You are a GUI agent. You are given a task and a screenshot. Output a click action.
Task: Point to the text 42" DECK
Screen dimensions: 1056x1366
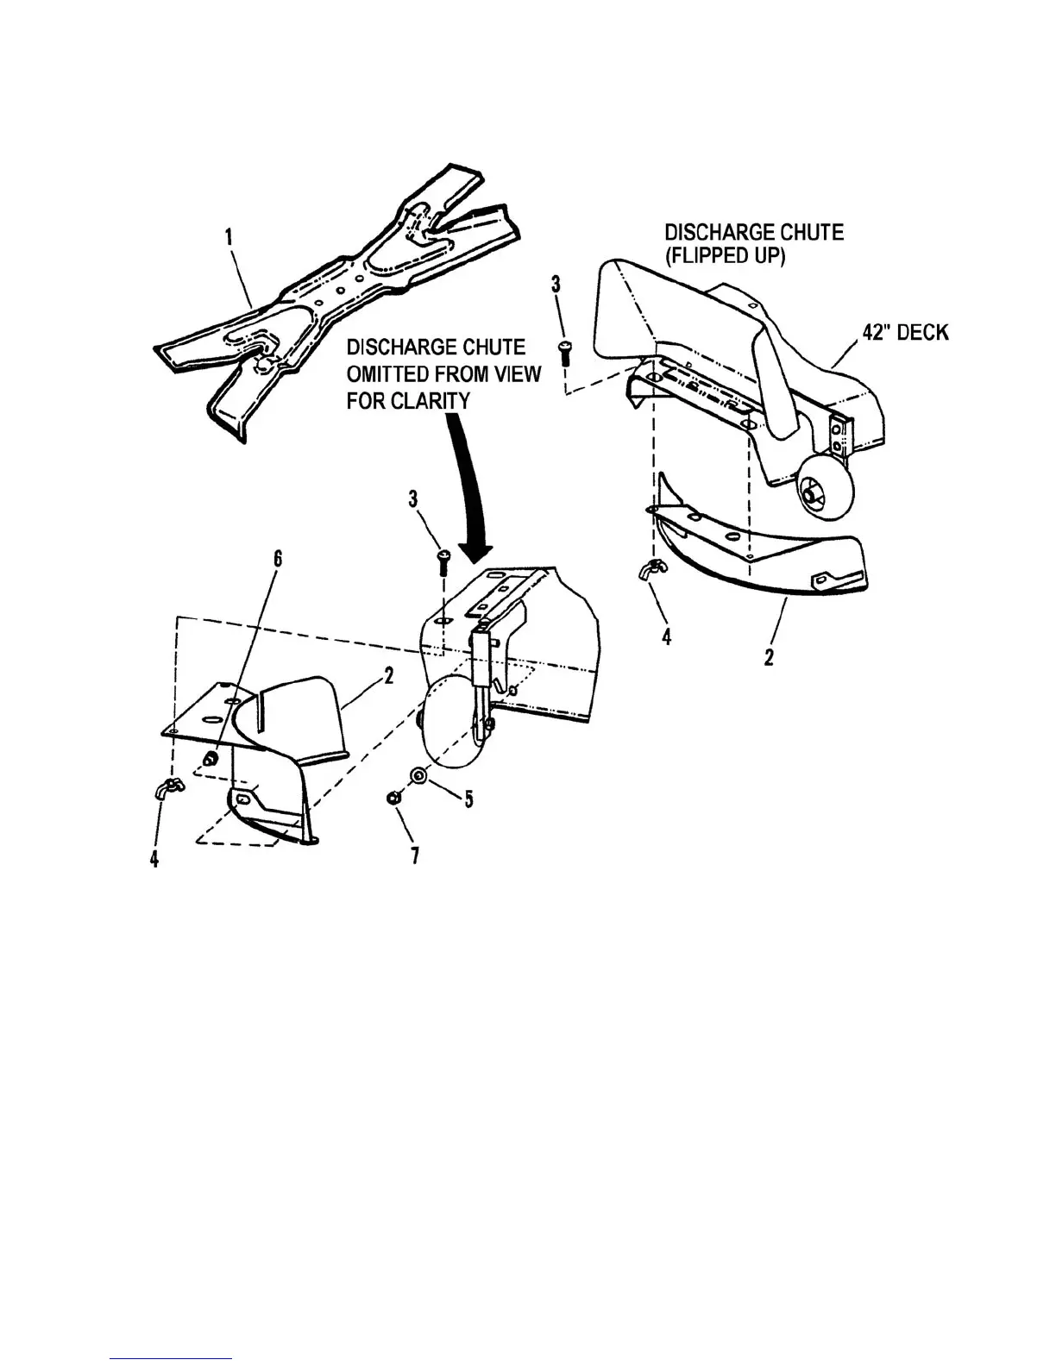click(x=905, y=331)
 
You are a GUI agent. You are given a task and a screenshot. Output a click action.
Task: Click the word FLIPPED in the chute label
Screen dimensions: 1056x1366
click(x=726, y=257)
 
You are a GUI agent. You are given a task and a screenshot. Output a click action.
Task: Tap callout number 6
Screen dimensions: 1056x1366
click(x=278, y=557)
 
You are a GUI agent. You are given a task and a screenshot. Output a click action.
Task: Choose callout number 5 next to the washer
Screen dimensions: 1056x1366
click(x=468, y=799)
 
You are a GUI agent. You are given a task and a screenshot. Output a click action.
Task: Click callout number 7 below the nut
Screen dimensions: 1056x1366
click(x=415, y=855)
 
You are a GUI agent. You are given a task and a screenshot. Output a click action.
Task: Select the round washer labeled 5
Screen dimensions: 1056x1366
click(x=418, y=774)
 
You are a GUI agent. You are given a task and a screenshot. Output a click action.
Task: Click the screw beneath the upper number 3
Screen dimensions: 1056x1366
click(x=567, y=350)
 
